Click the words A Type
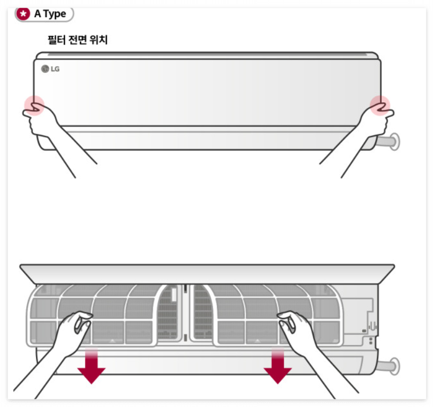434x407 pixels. click(50, 14)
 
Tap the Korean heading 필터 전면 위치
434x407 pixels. click(78, 40)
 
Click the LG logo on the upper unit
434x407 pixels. click(51, 69)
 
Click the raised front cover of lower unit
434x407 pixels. click(207, 274)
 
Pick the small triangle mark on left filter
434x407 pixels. click(112, 341)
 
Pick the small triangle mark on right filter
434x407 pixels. click(257, 341)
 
